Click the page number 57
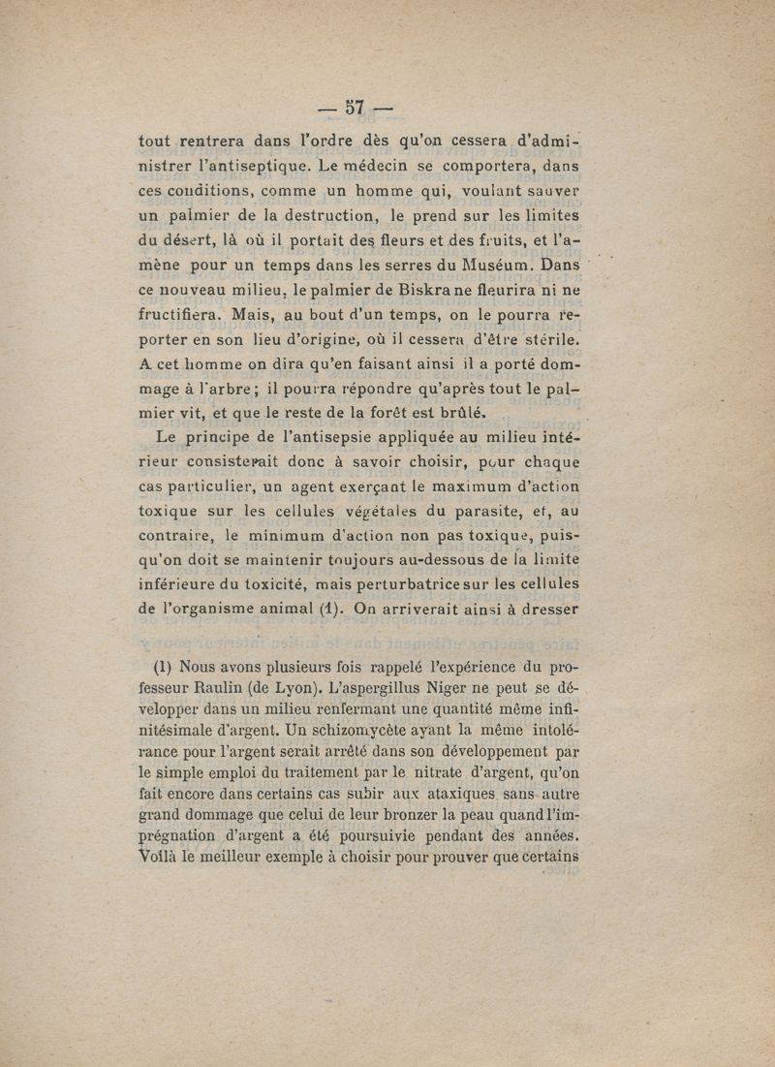coord(359,107)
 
